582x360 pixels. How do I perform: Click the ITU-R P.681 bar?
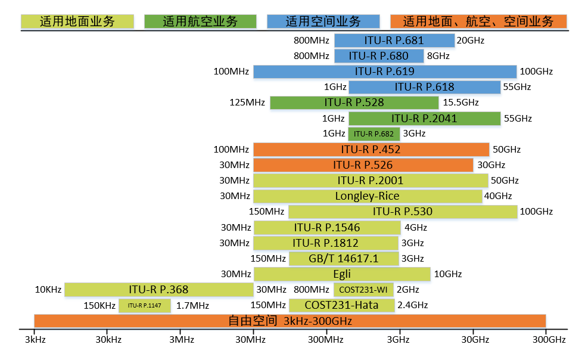tap(394, 41)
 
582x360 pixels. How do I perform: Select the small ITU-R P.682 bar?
tap(374, 134)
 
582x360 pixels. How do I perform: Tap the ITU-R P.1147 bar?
tap(145, 306)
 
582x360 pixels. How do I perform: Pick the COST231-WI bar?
tap(363, 290)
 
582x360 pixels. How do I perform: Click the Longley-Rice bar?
tap(367, 196)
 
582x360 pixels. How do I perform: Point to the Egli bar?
tap(342, 274)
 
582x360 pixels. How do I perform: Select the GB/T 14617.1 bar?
tap(344, 259)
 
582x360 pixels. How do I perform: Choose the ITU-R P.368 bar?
tap(158, 290)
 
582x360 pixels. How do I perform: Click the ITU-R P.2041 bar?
tap(424, 119)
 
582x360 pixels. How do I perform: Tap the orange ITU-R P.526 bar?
tap(363, 165)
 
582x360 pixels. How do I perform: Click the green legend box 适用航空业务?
tap(200, 22)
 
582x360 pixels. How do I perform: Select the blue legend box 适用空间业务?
tap(323, 22)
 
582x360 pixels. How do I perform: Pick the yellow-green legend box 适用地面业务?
tap(77, 22)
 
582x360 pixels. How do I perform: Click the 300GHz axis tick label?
tap(549, 340)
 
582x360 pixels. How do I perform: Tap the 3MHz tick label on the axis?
tap(180, 340)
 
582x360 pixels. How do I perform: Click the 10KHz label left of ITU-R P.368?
tap(48, 290)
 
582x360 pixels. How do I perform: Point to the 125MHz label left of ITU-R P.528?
tap(247, 103)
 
